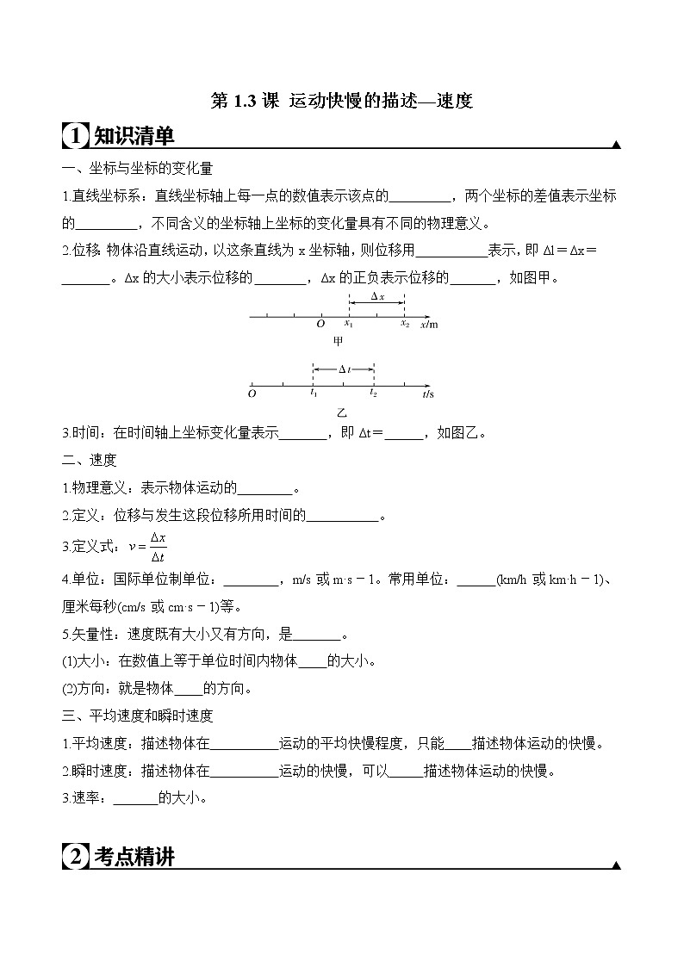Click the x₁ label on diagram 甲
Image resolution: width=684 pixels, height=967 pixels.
tap(349, 325)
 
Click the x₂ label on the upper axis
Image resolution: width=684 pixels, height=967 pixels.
tap(404, 325)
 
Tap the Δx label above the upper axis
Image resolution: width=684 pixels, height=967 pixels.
tap(376, 296)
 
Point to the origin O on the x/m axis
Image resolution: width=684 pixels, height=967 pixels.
tap(320, 325)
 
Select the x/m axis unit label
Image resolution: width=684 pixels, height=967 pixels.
tap(429, 325)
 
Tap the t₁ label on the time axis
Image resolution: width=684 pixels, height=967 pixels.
tap(314, 394)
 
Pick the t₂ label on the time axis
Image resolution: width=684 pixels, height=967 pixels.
tap(373, 394)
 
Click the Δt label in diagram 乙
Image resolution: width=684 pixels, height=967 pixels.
tap(344, 369)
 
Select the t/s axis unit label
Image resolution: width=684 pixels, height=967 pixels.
tap(428, 394)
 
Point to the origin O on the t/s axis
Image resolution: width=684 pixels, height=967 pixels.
tap(252, 394)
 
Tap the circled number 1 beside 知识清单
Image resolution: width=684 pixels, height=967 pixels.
tap(76, 136)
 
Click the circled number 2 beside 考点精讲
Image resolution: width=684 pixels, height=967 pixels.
tap(76, 858)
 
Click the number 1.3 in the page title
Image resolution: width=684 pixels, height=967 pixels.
tap(245, 101)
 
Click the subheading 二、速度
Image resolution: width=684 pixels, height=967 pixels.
tap(90, 461)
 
